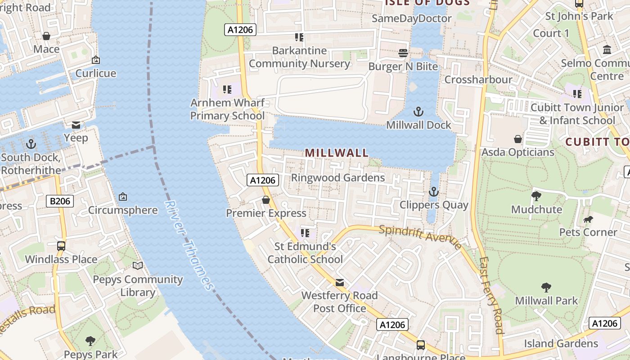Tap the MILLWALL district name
(x=337, y=153)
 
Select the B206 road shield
(x=60, y=201)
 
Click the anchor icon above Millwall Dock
(x=419, y=111)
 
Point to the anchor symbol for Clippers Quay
(x=433, y=192)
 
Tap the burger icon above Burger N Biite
(x=403, y=53)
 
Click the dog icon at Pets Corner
(x=588, y=220)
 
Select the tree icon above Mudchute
(x=536, y=196)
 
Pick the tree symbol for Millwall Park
(x=546, y=287)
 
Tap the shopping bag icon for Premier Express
(x=266, y=200)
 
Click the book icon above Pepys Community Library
(x=138, y=265)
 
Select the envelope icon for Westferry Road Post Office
(x=340, y=283)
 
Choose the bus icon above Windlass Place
(x=61, y=246)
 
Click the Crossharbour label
(x=478, y=80)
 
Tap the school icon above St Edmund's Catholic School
(x=305, y=233)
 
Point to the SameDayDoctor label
(x=412, y=18)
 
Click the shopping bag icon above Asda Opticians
(x=518, y=139)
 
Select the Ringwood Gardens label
(x=338, y=178)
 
